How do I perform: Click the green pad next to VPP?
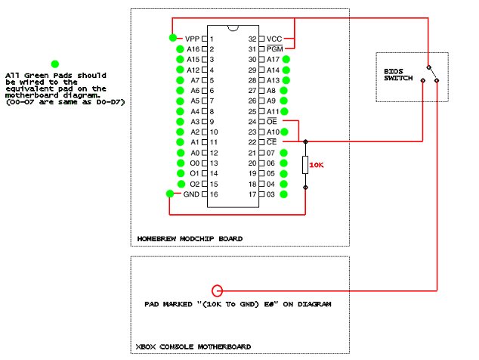173,38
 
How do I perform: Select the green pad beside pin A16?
181,48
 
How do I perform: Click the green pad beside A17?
286,59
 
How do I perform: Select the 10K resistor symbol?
305,165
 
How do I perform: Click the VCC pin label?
274,39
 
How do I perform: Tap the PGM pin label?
274,48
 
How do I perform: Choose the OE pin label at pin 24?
273,121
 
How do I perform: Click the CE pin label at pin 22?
273,142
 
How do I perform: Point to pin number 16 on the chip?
215,194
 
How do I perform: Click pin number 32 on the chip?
252,39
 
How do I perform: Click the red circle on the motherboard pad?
218,290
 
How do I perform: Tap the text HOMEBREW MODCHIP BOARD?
190,239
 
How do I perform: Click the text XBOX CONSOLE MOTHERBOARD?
193,346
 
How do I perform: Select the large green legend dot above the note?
54,65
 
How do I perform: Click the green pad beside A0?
181,153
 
